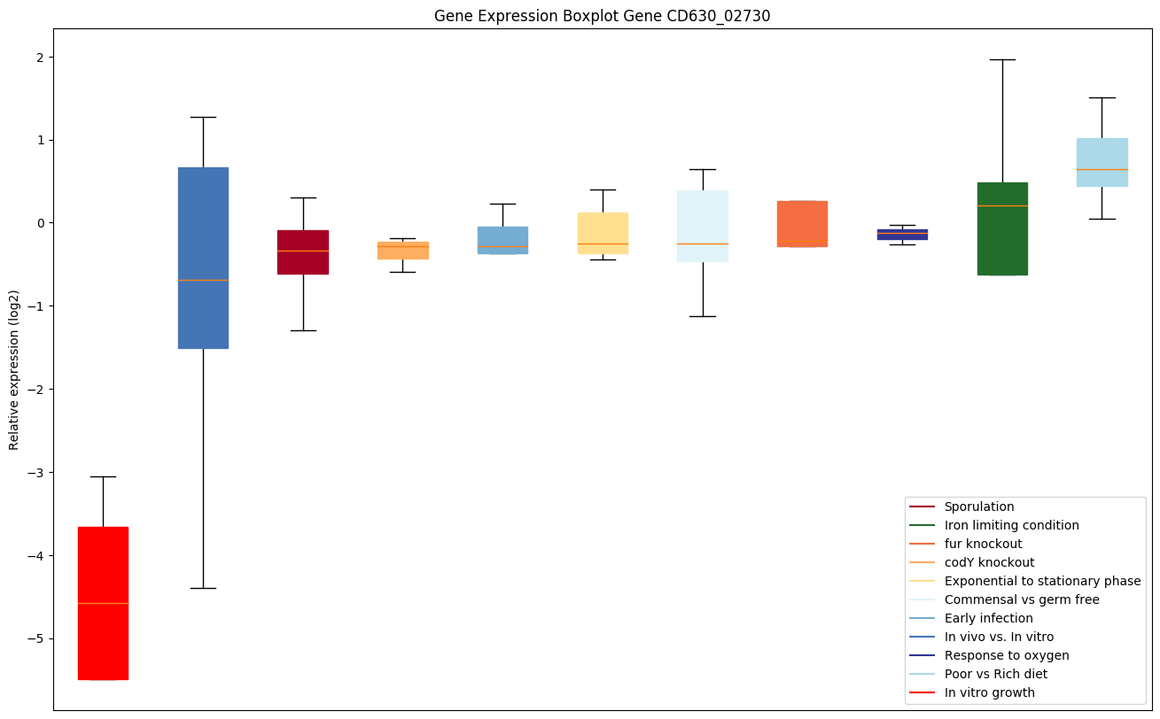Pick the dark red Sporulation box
[x=303, y=252]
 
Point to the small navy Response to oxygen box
[x=902, y=235]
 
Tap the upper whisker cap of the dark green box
[x=1002, y=59]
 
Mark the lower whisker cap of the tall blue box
[x=203, y=588]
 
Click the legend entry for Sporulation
[x=978, y=507]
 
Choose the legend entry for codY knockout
[x=989, y=563]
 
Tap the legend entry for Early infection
[x=988, y=619]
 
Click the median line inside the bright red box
[x=103, y=603]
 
